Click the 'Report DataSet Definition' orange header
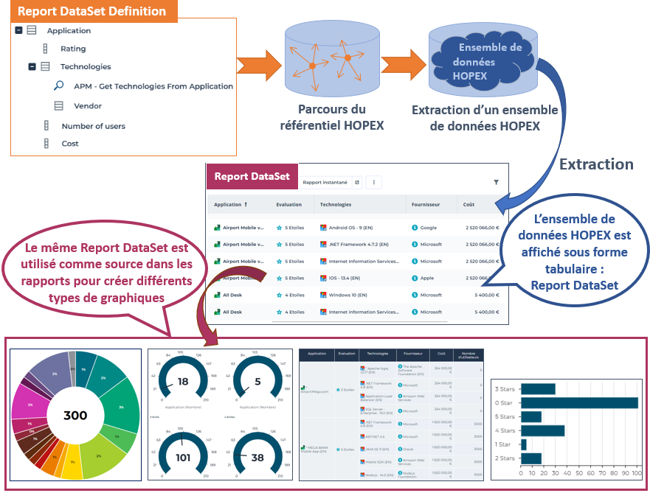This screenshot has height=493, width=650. click(92, 11)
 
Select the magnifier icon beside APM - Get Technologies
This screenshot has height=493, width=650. click(59, 86)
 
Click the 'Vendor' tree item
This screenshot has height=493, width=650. click(88, 106)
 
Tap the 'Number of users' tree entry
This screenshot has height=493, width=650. click(93, 126)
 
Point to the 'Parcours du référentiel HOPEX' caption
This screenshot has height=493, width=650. click(332, 117)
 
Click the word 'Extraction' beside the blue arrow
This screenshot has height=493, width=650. click(596, 164)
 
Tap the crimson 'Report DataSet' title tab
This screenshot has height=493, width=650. click(252, 177)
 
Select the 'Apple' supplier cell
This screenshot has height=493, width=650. click(428, 278)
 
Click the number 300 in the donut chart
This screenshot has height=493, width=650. click(75, 416)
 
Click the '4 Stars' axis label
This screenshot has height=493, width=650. click(505, 430)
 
